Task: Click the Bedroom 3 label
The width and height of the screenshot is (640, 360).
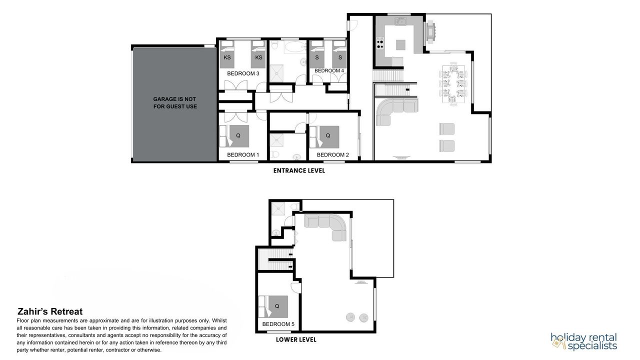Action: [x=243, y=73]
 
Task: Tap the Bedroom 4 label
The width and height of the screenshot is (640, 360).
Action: [x=329, y=70]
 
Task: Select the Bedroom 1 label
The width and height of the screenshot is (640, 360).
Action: [x=243, y=155]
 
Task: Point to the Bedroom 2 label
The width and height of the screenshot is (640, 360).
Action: [x=333, y=155]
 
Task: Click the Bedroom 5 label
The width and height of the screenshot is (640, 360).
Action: [x=278, y=324]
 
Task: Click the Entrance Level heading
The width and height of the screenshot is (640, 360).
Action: [x=299, y=171]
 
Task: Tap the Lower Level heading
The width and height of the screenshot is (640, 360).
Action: [x=296, y=339]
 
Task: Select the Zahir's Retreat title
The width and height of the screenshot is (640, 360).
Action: [x=50, y=311]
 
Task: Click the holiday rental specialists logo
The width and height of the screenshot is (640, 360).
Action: [x=584, y=341]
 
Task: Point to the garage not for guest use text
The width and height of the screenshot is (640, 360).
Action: [x=175, y=103]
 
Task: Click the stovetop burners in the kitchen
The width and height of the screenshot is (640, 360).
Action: [x=380, y=43]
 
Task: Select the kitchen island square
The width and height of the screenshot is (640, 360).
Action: [x=400, y=44]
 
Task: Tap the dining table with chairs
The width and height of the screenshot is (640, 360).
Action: [x=453, y=84]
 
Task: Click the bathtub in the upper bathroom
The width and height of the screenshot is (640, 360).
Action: [x=295, y=47]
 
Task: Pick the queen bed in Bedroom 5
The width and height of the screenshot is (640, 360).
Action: [x=273, y=306]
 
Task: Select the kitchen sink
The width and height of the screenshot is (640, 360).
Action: [x=401, y=21]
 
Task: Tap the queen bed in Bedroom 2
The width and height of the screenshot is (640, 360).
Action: [x=324, y=137]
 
